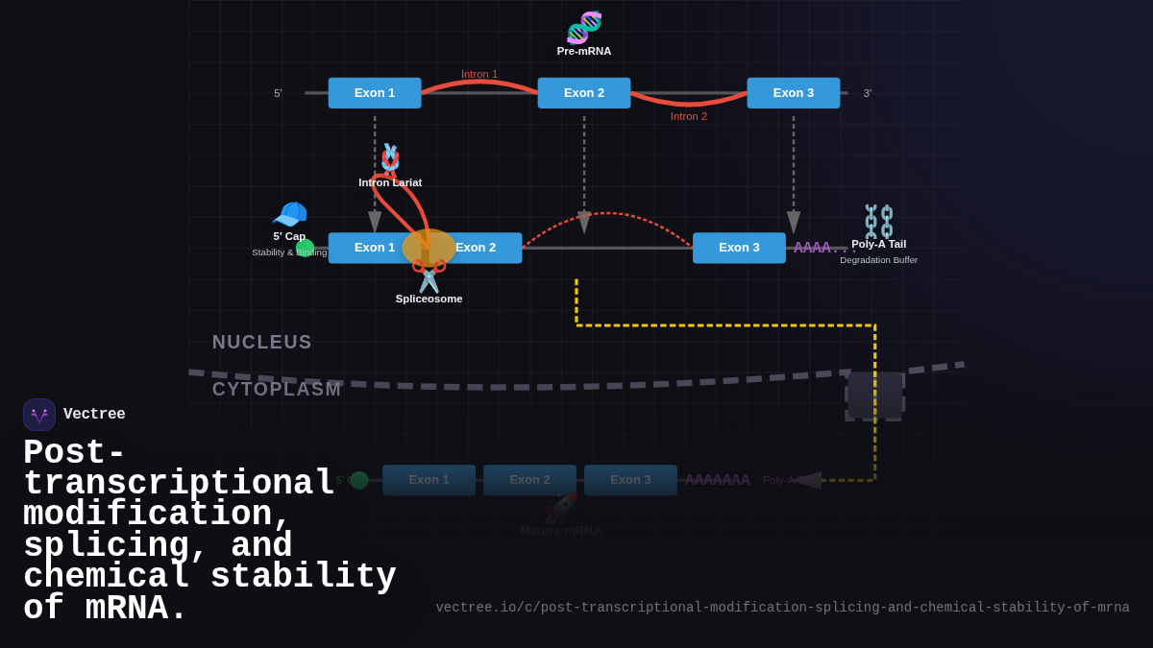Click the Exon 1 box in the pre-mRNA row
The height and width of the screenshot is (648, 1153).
point(375,93)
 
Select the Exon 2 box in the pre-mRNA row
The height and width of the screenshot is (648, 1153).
point(584,93)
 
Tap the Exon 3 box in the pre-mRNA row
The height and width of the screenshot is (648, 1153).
point(794,93)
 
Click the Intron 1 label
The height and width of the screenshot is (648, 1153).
point(479,74)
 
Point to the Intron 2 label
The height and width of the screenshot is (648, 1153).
point(689,116)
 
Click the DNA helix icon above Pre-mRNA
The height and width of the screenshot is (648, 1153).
point(584,27)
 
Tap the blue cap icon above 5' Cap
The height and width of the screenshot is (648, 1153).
point(289,214)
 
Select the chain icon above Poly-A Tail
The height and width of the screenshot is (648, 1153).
point(879,221)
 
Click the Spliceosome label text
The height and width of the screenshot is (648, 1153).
point(429,299)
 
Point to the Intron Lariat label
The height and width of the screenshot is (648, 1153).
point(390,182)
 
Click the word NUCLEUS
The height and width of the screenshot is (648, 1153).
point(262,342)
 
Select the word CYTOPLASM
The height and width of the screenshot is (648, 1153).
point(277,389)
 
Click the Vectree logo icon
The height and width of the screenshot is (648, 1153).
point(39,415)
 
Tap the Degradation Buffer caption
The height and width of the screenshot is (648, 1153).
point(878,260)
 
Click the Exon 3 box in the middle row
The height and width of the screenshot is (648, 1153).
point(739,248)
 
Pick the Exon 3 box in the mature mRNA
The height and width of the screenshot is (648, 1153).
point(630,480)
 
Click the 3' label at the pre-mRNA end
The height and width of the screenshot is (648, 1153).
point(868,93)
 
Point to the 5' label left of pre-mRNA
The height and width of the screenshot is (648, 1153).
point(278,93)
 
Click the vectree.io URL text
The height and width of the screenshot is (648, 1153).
point(782,608)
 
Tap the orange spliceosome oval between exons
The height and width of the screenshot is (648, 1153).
point(429,248)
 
